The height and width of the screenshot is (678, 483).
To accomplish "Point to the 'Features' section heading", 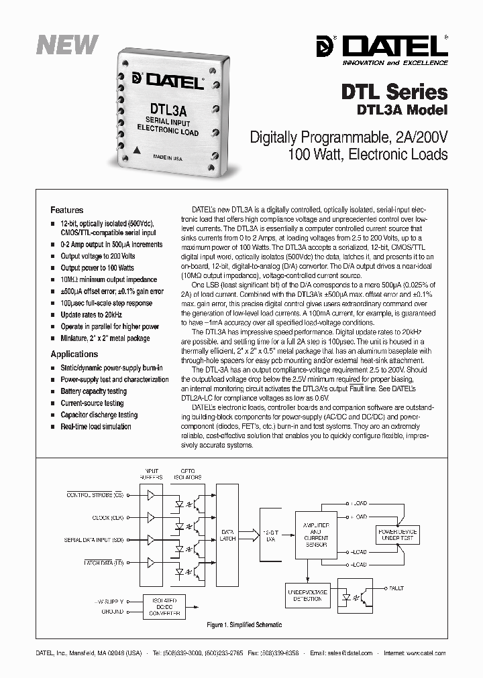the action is point(67,210).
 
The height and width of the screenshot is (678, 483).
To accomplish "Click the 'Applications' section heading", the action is point(74,354).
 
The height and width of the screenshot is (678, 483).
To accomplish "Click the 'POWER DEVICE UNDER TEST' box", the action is point(397,535).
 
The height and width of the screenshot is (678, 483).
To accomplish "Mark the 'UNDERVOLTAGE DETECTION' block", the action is point(306,595).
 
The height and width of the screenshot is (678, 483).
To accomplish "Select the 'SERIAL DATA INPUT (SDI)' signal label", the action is point(94,539).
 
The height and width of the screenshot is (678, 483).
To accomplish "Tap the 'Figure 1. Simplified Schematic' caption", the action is point(244,625).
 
